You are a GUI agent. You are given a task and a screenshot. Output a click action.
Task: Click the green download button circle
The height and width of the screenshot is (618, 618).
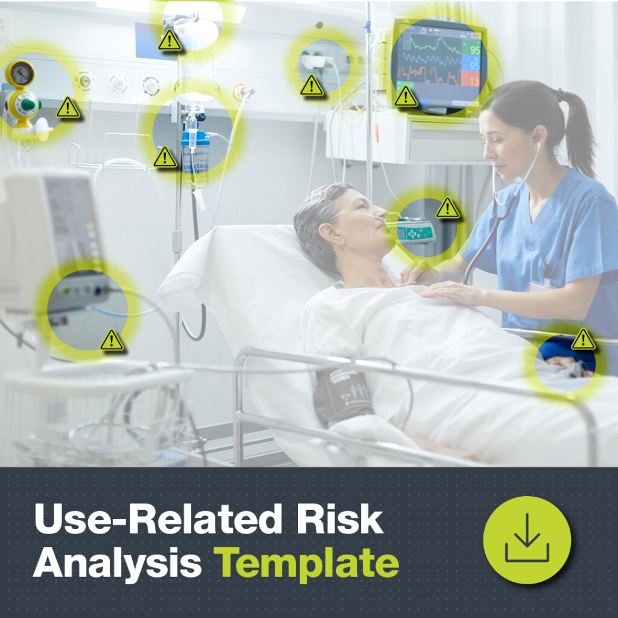coord(527,540)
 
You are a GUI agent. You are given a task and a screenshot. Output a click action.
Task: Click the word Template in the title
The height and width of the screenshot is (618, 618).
coord(308,562)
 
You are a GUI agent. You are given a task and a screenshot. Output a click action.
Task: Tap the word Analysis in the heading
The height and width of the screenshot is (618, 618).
coord(118,562)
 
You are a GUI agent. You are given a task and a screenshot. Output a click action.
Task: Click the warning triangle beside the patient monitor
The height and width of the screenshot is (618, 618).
coord(406,97)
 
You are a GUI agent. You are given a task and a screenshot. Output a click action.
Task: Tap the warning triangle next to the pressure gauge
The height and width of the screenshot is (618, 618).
coord(68,107)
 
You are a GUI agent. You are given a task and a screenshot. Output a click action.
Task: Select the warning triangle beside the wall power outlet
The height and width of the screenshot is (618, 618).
coord(311,85)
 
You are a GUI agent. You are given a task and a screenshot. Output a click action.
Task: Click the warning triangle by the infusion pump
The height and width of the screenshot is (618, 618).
coord(447,208)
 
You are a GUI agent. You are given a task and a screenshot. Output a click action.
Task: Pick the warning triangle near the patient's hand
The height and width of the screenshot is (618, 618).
coord(583,339)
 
